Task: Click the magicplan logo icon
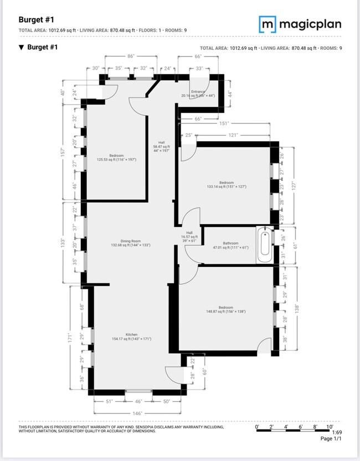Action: tap(268, 24)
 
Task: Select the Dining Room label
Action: tap(131, 242)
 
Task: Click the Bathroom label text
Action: tap(231, 244)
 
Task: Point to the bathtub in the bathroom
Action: tap(264, 246)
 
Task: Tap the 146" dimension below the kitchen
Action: tap(137, 413)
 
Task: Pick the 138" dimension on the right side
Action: tap(297, 308)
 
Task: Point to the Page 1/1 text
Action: tap(332, 439)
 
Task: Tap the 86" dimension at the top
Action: tap(131, 56)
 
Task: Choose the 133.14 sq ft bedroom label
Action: tap(226, 185)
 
